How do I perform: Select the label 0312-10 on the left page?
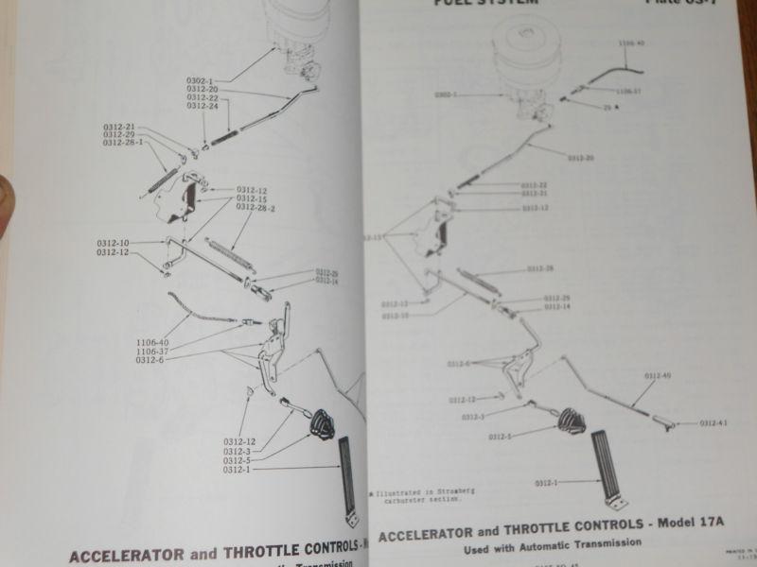[x=112, y=243]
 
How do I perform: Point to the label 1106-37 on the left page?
[x=152, y=351]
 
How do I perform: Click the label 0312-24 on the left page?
[x=202, y=107]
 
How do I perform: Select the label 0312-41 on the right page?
[x=714, y=423]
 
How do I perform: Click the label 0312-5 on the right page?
[x=500, y=438]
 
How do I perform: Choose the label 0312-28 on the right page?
[x=540, y=268]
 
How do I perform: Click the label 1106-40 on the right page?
[x=630, y=43]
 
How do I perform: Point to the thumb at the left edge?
[x=7, y=203]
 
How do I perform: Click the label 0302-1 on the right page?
[x=447, y=94]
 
